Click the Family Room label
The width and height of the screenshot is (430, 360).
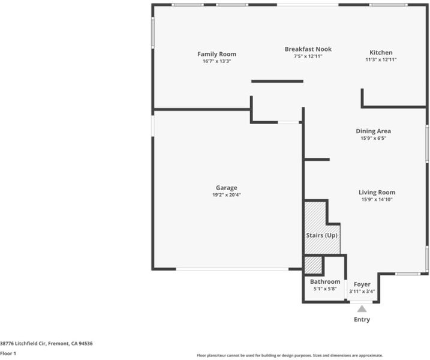(216, 54)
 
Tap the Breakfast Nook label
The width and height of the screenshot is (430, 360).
(308, 49)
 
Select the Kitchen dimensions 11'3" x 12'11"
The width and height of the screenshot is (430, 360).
(381, 59)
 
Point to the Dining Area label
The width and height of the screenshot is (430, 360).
(373, 131)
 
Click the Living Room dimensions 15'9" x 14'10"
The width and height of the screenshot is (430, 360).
(377, 199)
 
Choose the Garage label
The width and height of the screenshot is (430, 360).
(227, 188)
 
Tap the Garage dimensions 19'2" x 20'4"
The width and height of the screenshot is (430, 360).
(227, 195)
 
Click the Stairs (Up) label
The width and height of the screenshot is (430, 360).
(321, 235)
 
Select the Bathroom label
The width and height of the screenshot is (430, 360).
(325, 281)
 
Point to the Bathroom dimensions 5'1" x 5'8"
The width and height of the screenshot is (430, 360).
(325, 289)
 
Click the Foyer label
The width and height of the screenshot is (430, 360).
(362, 284)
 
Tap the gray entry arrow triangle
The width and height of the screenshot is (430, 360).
(362, 309)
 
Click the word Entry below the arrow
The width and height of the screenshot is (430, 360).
(362, 319)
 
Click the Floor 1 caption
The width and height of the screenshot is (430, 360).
(8, 353)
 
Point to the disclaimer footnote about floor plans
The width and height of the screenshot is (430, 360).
(290, 355)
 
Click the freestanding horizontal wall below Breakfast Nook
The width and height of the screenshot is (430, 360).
(277, 81)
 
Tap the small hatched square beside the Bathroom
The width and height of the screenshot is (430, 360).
(313, 265)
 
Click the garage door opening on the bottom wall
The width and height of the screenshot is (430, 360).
(232, 269)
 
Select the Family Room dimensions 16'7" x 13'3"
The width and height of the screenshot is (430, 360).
(216, 61)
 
